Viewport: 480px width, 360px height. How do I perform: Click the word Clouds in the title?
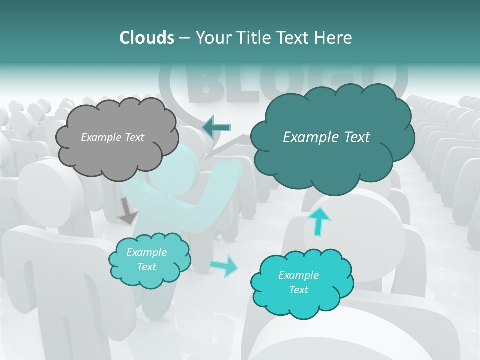[146, 38]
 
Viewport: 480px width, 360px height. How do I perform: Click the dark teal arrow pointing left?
[216, 127]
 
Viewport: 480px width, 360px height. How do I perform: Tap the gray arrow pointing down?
[128, 211]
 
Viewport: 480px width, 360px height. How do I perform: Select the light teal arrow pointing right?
[223, 266]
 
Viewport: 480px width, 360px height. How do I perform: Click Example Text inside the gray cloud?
[112, 137]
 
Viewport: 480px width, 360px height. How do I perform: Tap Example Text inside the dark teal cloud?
[326, 137]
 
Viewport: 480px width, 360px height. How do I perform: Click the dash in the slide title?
[184, 38]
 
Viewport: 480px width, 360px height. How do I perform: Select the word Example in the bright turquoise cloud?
[298, 275]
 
